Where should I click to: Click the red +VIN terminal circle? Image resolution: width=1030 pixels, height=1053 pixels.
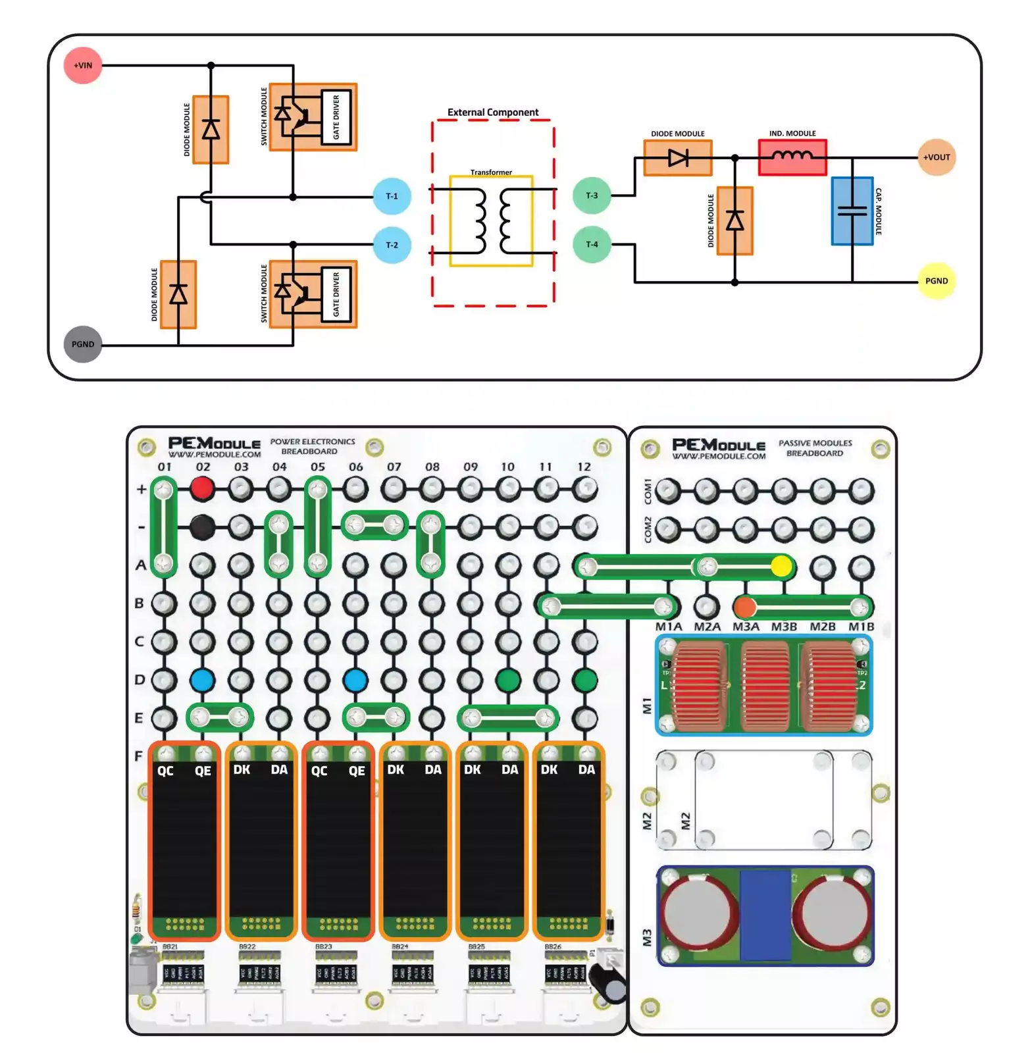83,65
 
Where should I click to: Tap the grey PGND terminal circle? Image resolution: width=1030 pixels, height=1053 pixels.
83,344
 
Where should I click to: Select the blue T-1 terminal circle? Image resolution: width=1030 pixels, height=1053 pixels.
392,196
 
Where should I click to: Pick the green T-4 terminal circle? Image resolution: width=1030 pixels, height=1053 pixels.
592,244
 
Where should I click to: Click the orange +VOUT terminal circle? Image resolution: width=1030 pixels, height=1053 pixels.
936,157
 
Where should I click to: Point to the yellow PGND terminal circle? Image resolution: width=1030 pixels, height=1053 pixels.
936,281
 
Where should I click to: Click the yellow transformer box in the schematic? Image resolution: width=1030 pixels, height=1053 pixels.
491,221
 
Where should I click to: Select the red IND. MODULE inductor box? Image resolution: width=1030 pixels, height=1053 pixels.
792,157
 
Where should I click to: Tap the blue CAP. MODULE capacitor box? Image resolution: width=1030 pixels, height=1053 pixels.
852,211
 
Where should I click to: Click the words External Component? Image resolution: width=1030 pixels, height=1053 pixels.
492,113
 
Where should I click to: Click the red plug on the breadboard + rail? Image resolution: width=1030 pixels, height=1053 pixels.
202,488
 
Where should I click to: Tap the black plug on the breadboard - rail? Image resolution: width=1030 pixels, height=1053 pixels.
202,526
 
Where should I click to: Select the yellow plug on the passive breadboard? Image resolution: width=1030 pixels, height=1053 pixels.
781,566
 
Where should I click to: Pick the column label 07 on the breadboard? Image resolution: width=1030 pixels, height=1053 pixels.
394,467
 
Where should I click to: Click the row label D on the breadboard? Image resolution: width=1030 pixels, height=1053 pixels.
140,679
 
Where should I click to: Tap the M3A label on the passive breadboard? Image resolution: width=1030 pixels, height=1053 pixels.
746,627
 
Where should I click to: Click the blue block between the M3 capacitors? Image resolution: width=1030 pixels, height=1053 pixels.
765,915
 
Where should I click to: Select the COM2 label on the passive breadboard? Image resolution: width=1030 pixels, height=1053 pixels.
648,529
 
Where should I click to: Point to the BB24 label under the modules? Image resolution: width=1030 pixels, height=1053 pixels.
399,946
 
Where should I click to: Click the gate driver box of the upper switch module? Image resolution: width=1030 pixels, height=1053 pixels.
336,117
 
